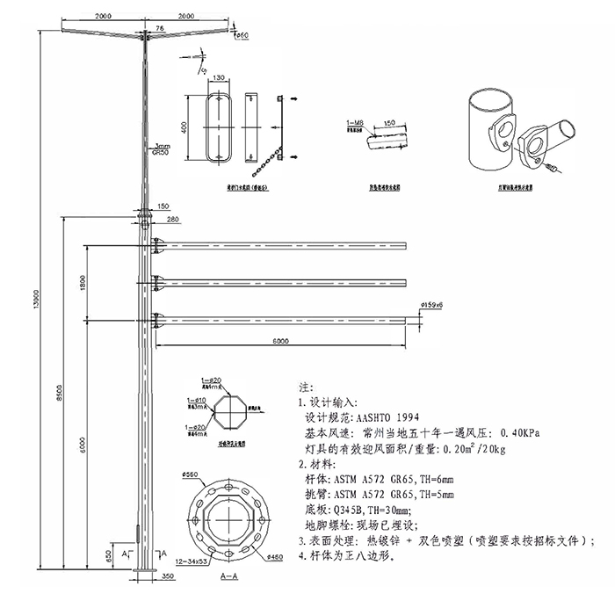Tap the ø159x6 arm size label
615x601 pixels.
click(432, 304)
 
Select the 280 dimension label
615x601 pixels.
click(171, 219)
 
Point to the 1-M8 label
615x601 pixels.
click(355, 123)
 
